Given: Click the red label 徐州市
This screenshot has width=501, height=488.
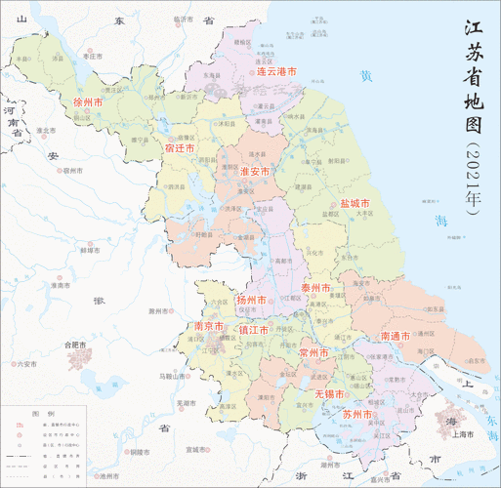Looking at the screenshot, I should pos(88,102).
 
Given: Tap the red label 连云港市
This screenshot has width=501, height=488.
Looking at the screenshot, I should pos(276,72).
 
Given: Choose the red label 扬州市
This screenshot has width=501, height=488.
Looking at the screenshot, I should pos(252,300).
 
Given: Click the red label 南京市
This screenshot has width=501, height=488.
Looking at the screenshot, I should pos(212,325).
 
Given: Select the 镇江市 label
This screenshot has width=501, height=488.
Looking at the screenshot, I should pos(254,331).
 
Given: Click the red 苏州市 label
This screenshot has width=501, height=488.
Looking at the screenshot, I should pos(358,415).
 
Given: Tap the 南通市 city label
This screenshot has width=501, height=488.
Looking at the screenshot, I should pos(396,336).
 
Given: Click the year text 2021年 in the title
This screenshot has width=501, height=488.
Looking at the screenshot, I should pos(474,181).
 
